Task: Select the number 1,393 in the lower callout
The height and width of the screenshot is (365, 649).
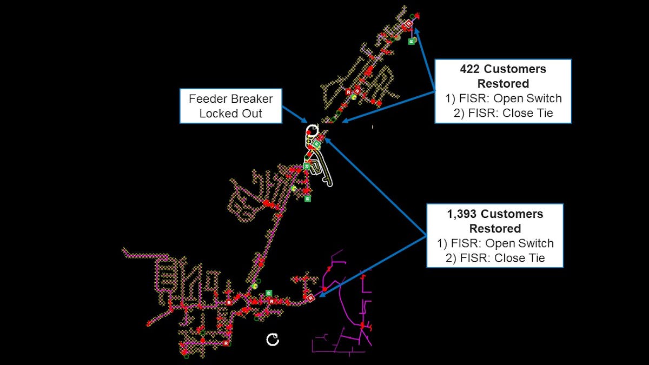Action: pyautogui.click(x=463, y=214)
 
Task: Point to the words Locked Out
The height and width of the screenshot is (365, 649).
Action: pyautogui.click(x=231, y=114)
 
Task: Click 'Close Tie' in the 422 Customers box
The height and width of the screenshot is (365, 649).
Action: pyautogui.click(x=527, y=114)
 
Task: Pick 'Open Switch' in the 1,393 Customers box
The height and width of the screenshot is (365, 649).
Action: pyautogui.click(x=524, y=243)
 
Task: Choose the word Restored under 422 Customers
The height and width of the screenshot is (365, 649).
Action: pyautogui.click(x=503, y=84)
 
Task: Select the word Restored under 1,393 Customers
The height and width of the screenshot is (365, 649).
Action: pyautogui.click(x=495, y=228)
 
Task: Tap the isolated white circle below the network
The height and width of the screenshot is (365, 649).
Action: pyautogui.click(x=273, y=340)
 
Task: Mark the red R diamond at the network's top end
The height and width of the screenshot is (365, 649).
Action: pyautogui.click(x=409, y=24)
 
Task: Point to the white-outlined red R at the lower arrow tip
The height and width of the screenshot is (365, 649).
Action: pyautogui.click(x=310, y=297)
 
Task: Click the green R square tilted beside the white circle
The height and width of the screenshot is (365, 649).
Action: pyautogui.click(x=317, y=144)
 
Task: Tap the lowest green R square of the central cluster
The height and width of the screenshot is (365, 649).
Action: pyautogui.click(x=308, y=198)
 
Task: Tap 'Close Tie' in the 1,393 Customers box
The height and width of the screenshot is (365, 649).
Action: pyautogui.click(x=519, y=258)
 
